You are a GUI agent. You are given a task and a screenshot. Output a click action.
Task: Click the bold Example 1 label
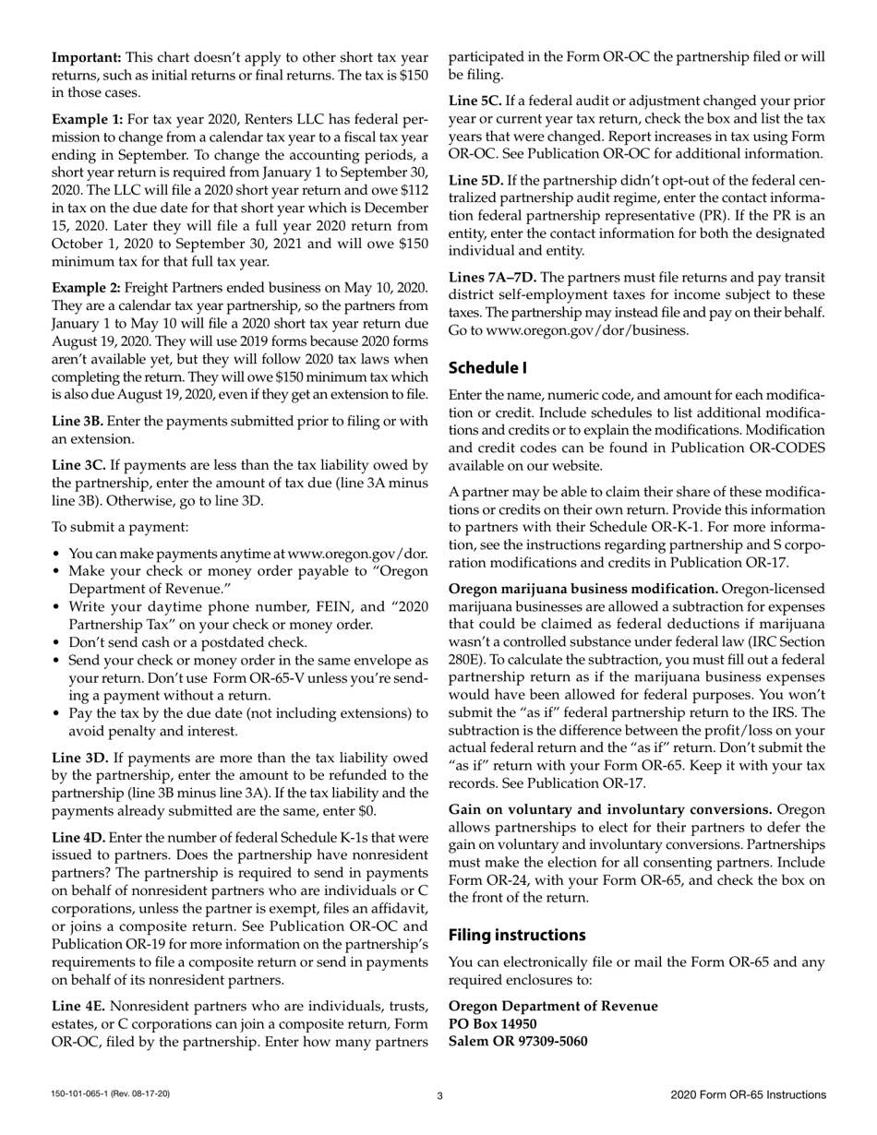pos(86,120)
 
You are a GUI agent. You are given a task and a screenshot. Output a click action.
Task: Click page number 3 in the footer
pos(439,1095)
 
